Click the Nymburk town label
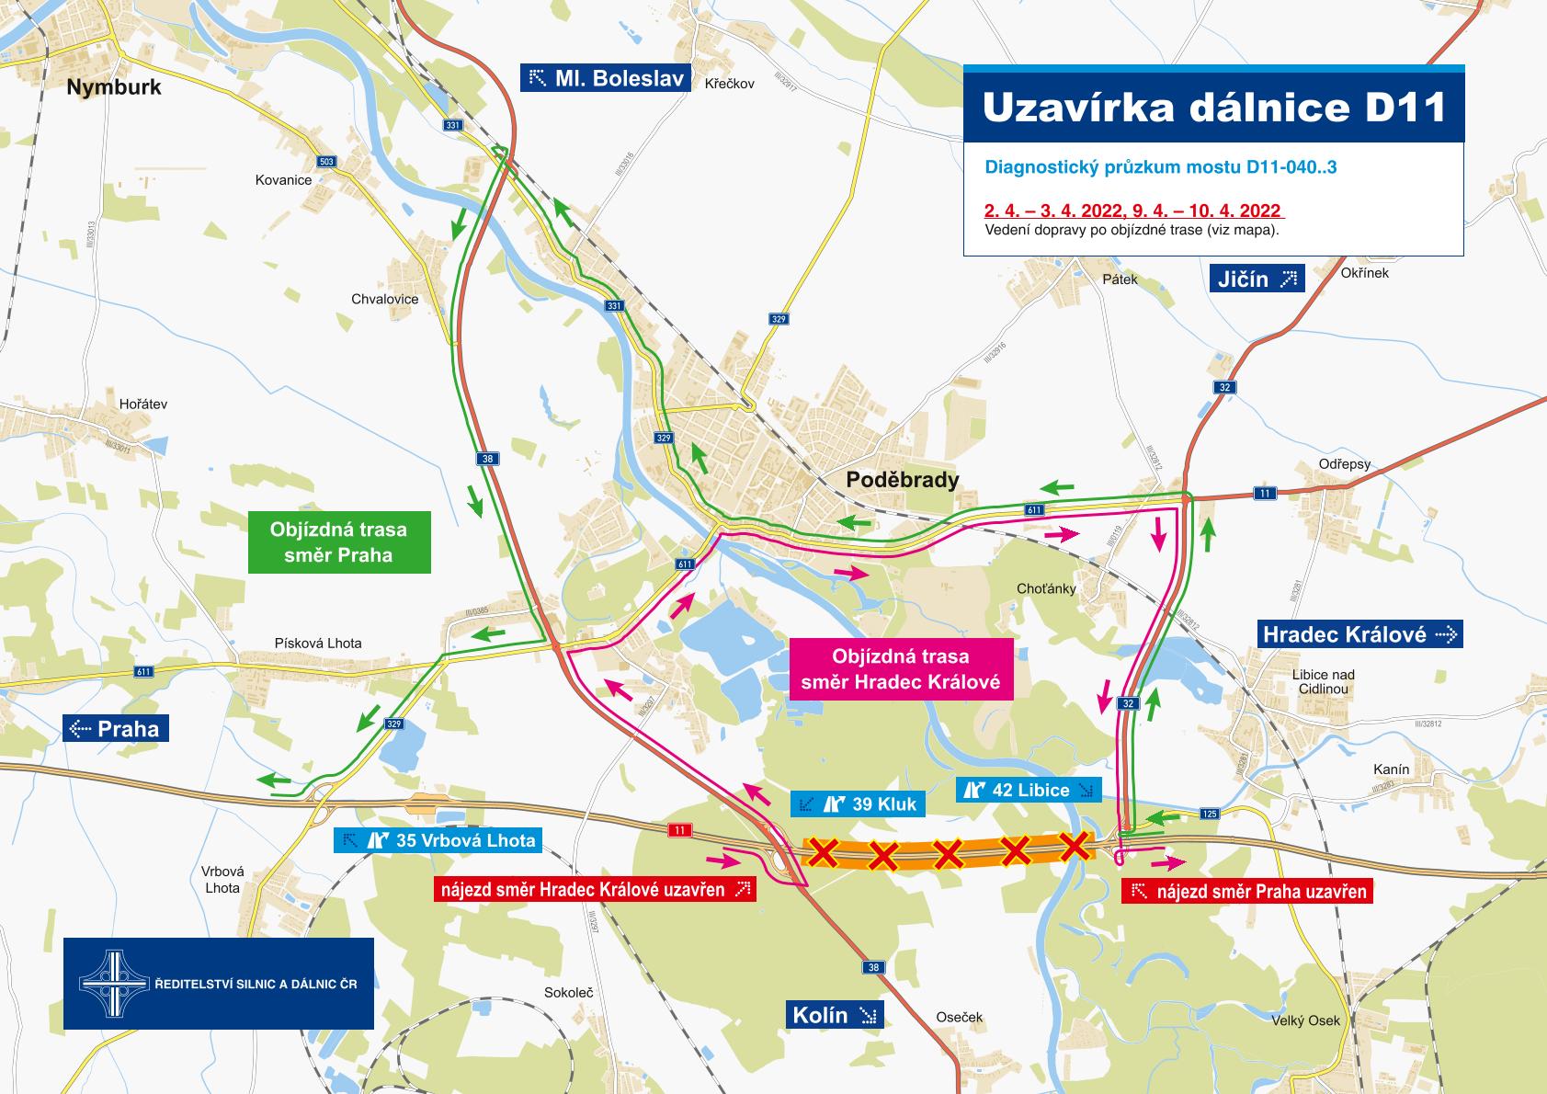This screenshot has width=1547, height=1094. click(114, 87)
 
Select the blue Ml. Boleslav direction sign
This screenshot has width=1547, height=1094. click(606, 78)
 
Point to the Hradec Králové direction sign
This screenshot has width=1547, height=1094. click(1359, 634)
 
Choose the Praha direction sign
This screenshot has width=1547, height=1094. click(117, 730)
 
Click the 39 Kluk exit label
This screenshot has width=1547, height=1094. click(858, 804)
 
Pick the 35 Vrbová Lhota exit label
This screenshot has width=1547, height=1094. click(438, 839)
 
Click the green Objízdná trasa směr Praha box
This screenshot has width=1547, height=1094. click(338, 542)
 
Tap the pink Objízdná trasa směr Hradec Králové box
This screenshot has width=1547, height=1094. click(900, 669)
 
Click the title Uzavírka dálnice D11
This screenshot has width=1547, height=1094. click(1213, 108)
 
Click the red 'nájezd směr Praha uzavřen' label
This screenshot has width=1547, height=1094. click(1247, 891)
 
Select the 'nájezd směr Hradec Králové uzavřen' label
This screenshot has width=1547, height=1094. click(595, 889)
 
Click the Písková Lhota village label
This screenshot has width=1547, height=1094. click(318, 644)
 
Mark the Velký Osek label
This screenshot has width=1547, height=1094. click(1305, 1020)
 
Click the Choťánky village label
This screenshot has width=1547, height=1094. click(1046, 588)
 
